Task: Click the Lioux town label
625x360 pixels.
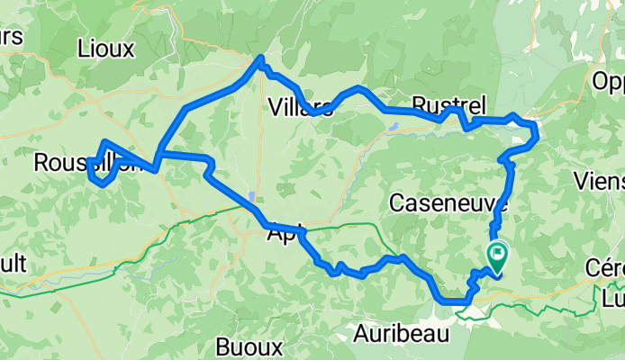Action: (x=106, y=48)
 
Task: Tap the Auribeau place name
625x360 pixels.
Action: (x=403, y=332)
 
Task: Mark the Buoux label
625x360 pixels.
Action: (x=250, y=346)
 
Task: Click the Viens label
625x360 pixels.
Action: (x=599, y=180)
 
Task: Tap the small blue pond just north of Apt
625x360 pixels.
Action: (x=252, y=196)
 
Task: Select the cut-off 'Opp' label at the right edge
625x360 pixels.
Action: (x=608, y=83)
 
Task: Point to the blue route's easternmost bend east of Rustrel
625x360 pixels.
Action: (x=536, y=135)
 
